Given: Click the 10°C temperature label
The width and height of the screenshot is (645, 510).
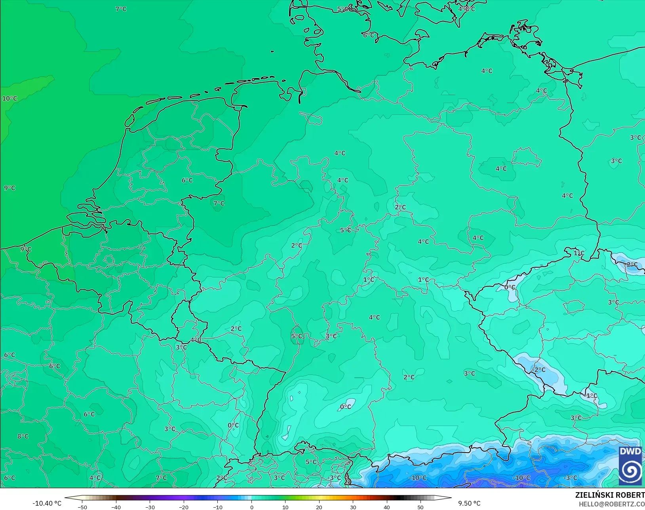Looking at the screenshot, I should pyautogui.click(x=10, y=99).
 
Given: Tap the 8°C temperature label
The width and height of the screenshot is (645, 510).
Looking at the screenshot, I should pyautogui.click(x=23, y=436).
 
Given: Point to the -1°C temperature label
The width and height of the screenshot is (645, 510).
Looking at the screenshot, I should pyautogui.click(x=591, y=395).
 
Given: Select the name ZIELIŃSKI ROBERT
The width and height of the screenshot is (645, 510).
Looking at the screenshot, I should pyautogui.click(x=610, y=495).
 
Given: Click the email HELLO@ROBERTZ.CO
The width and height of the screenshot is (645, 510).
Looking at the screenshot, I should pyautogui.click(x=611, y=504).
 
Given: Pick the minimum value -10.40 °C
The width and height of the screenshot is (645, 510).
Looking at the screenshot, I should pyautogui.click(x=47, y=503).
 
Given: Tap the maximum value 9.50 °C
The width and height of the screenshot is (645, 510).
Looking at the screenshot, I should pyautogui.click(x=469, y=503).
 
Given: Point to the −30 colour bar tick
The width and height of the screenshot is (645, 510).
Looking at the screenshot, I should pyautogui.click(x=150, y=507).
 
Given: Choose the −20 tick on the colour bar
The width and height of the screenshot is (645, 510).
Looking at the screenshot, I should pyautogui.click(x=183, y=507).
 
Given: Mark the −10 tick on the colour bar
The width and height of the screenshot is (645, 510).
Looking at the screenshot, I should pyautogui.click(x=217, y=507).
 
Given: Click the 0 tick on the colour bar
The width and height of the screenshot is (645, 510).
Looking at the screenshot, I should pyautogui.click(x=251, y=507).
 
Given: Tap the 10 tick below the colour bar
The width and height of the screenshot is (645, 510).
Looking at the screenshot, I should pyautogui.click(x=285, y=507).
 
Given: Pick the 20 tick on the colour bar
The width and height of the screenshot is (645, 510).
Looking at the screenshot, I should pyautogui.click(x=319, y=507).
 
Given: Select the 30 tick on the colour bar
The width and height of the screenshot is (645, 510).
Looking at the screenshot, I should pyautogui.click(x=353, y=507).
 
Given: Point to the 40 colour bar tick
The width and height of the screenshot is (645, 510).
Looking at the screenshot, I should pyautogui.click(x=387, y=507).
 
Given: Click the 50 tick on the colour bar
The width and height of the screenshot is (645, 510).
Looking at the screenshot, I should pyautogui.click(x=420, y=507).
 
